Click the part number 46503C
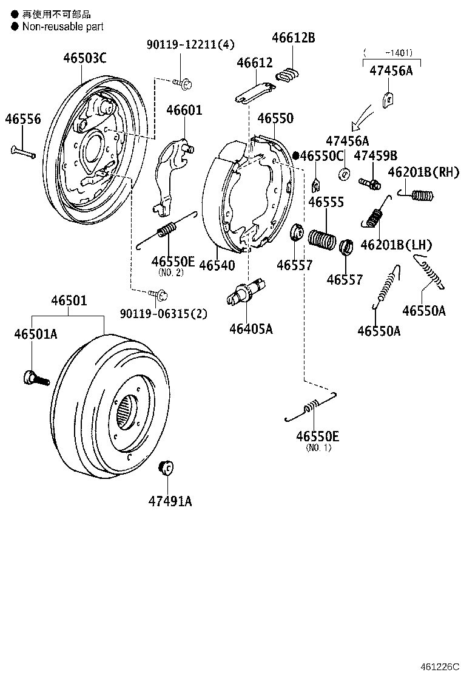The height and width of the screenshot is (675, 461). coord(85,58)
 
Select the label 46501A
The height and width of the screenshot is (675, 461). coord(36,334)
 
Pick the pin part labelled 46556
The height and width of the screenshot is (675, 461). coord(23,151)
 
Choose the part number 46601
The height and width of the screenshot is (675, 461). coord(184,110)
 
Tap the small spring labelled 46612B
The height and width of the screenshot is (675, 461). coord(289,74)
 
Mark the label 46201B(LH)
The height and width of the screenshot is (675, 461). coord(395,245)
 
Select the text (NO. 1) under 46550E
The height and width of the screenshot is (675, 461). coord(318,448)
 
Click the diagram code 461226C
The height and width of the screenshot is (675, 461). coord(441,667)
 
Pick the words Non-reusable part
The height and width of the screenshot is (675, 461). coord(63,27)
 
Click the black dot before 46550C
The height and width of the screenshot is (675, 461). coord(295,155)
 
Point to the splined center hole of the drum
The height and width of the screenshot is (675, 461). coord(126,410)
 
